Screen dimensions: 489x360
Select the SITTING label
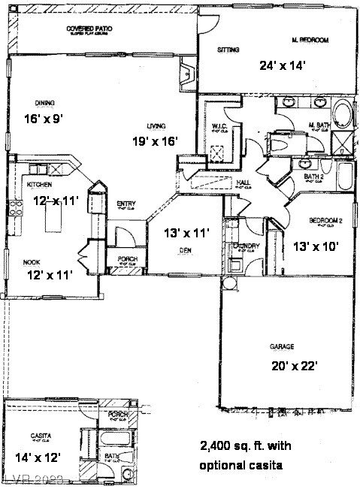point(228,50)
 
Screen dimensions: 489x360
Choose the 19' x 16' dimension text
point(156,140)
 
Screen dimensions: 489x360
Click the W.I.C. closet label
point(219,125)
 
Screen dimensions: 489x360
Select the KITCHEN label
point(40,184)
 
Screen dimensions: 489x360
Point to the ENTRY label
point(126,204)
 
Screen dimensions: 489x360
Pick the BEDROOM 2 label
point(326,220)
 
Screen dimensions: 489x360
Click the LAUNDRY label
point(247,246)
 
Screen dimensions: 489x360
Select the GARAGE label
point(281,347)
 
